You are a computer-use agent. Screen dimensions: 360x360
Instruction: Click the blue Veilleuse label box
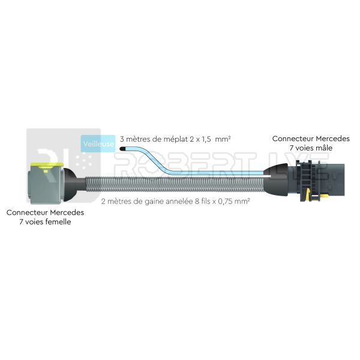(x=98, y=143)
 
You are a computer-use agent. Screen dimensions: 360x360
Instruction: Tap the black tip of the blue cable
(x=122, y=149)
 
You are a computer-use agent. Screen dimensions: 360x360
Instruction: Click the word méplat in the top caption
(x=173, y=139)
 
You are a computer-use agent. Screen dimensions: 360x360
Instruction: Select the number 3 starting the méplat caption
(x=122, y=139)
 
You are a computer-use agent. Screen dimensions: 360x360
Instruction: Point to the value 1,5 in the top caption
(x=206, y=139)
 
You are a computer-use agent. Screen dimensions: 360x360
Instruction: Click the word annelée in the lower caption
(x=181, y=202)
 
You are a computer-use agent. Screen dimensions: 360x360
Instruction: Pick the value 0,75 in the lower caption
(x=225, y=202)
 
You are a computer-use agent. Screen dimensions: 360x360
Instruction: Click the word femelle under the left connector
(x=58, y=222)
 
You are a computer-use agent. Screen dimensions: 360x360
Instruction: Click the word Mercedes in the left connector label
(x=67, y=212)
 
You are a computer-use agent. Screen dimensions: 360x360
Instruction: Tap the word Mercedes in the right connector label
(x=333, y=139)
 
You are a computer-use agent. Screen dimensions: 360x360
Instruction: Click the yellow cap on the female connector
(x=47, y=166)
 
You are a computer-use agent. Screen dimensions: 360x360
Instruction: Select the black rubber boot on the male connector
(x=276, y=179)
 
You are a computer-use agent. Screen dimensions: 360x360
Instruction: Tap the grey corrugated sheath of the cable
(x=175, y=184)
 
